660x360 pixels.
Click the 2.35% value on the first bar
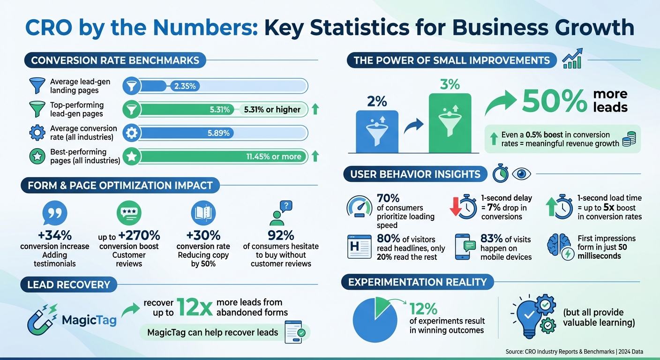[184, 86]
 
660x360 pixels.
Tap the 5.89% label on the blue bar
[218, 133]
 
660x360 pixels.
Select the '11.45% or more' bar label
[274, 157]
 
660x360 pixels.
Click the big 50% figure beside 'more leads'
[555, 100]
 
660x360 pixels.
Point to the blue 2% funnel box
[377, 131]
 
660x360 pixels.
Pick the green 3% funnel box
[450, 123]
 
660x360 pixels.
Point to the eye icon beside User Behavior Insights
[521, 174]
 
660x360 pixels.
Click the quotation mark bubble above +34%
[55, 214]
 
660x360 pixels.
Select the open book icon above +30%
[203, 214]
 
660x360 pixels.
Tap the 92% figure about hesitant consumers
[281, 235]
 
